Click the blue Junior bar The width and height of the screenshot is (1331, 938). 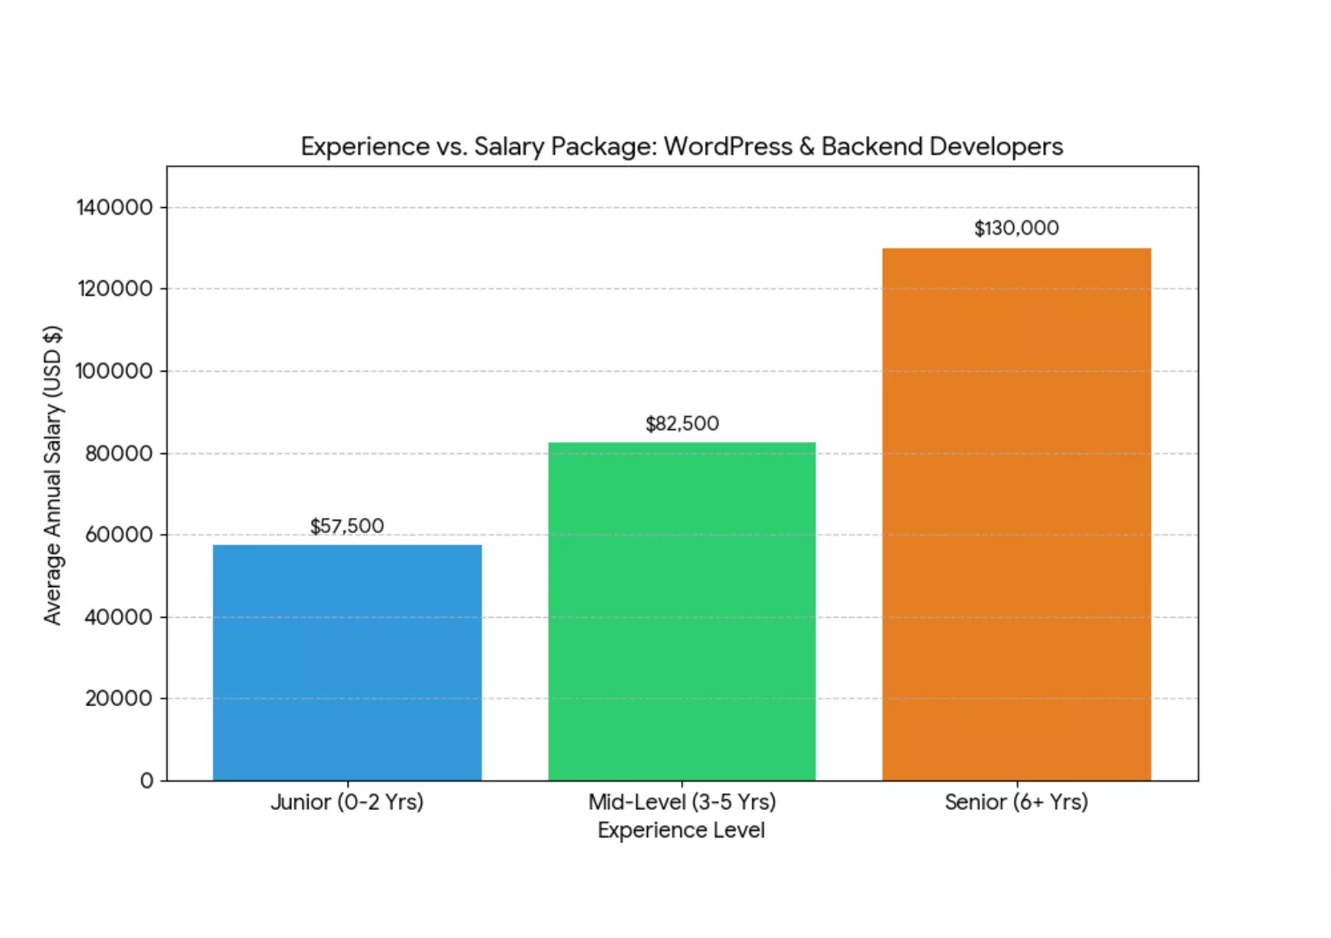click(347, 663)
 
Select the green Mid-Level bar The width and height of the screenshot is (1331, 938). click(681, 611)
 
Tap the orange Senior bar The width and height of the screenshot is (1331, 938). click(1017, 514)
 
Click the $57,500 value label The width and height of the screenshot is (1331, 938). click(347, 526)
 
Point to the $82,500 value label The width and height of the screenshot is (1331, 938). click(682, 424)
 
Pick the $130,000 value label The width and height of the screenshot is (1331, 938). click(1017, 229)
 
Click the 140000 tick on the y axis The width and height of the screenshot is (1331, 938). click(115, 207)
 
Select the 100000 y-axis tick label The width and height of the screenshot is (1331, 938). click(115, 371)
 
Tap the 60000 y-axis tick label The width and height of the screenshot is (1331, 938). click(119, 535)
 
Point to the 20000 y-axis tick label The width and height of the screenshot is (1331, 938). click(119, 699)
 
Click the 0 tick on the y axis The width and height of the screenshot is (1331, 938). click(147, 781)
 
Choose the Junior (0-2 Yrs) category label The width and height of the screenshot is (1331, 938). click(347, 802)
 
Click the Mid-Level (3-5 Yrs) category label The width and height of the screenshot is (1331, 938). click(682, 802)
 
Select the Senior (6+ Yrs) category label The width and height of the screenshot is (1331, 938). click(1017, 802)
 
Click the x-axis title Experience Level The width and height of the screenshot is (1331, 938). click(681, 830)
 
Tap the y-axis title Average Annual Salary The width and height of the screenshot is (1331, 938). click(53, 475)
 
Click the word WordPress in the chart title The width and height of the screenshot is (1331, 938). click(728, 147)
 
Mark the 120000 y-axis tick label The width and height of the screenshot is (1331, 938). click(115, 289)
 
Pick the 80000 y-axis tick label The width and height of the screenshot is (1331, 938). click(119, 453)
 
